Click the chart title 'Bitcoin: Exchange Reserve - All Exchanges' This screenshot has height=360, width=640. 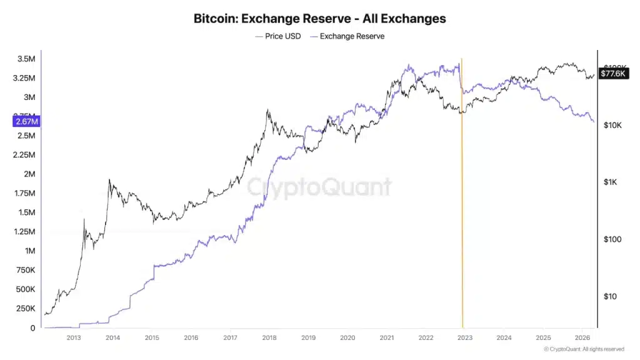320,18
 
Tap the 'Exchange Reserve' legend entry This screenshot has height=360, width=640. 352,36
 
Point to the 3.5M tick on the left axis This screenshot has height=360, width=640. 26,59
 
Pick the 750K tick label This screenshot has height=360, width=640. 24,270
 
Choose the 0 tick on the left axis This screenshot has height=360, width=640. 32,328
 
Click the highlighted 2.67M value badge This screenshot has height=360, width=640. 26,121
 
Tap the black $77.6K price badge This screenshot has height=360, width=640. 612,73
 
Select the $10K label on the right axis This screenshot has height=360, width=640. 612,125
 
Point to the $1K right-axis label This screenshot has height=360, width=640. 611,182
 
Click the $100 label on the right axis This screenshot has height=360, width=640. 611,239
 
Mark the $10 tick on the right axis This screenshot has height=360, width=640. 609,296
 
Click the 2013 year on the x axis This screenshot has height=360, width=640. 73,337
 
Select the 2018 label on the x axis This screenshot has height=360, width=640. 269,337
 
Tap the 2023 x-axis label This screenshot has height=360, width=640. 465,337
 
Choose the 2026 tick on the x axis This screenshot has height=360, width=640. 582,337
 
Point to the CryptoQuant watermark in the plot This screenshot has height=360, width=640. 319,187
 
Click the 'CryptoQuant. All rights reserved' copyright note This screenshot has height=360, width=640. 584,349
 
